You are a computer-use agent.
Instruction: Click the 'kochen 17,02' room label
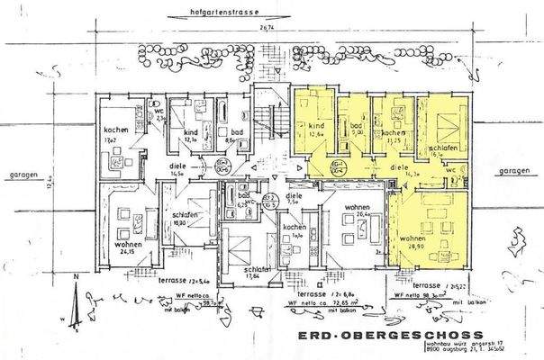[x=116, y=136]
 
